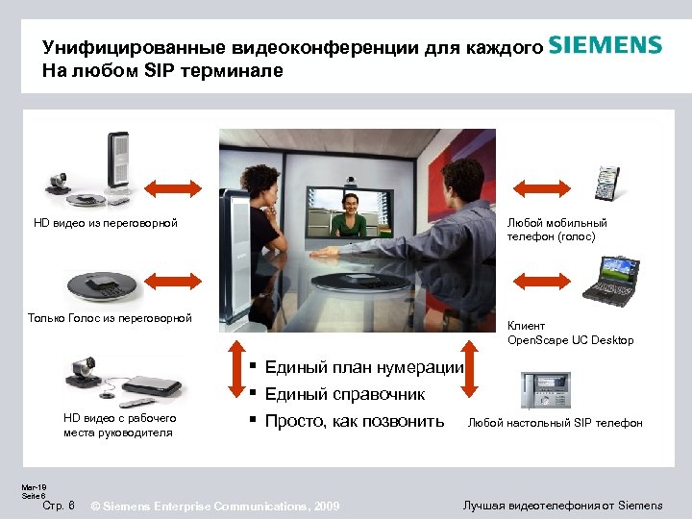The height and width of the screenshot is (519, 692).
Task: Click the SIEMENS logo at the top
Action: tap(605, 46)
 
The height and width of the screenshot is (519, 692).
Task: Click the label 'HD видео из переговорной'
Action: tap(106, 224)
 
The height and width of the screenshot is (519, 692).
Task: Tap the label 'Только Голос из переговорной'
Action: tap(110, 318)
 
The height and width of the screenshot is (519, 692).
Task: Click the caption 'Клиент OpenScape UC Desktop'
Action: tap(570, 333)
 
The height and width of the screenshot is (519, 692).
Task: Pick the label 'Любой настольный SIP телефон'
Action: tap(555, 423)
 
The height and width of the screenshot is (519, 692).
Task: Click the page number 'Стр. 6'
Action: tap(60, 506)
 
